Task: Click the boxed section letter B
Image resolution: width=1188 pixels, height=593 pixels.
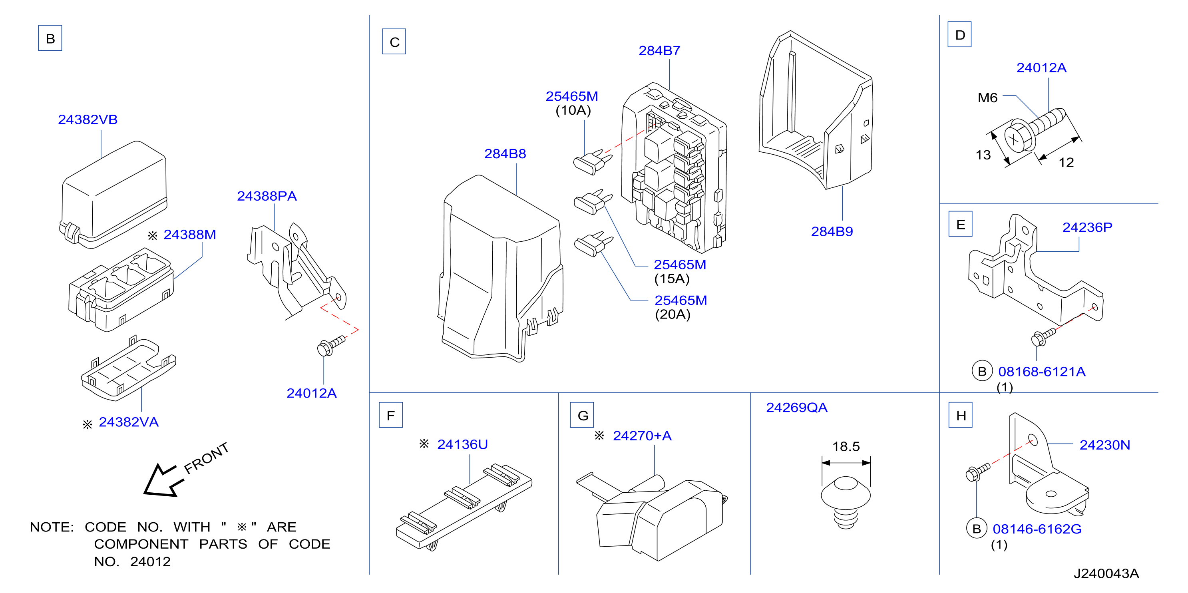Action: tap(50, 38)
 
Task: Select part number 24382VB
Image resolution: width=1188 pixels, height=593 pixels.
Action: tap(88, 119)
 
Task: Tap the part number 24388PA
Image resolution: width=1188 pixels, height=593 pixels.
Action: tap(267, 196)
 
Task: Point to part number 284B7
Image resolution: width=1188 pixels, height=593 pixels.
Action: tap(659, 51)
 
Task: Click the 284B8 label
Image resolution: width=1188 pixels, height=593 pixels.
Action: tap(505, 153)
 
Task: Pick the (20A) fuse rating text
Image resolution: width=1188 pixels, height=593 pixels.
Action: tap(673, 314)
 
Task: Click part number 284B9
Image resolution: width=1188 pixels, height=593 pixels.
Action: tap(832, 231)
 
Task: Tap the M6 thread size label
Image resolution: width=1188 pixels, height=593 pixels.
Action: tap(987, 98)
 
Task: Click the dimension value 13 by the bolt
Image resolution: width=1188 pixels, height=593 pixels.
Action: tap(983, 155)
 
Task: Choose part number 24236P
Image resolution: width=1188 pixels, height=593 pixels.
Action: tap(1087, 227)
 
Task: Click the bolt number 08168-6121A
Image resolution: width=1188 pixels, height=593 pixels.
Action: tap(1041, 372)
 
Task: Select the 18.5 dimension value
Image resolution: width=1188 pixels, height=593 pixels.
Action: tap(846, 446)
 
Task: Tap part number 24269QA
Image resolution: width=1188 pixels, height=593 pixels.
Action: tap(796, 408)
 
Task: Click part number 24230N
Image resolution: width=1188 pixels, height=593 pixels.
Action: tap(1104, 445)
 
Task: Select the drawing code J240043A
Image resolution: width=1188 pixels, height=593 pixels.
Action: tap(1106, 574)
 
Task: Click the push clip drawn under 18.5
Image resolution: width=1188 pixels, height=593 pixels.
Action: tap(846, 503)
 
